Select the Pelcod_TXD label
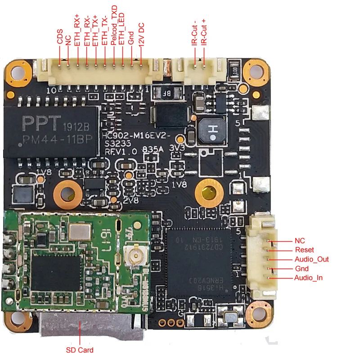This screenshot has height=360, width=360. (x=114, y=25)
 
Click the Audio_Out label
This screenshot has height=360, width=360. (x=311, y=259)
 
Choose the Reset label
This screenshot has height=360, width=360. (x=304, y=250)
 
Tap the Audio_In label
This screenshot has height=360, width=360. (x=308, y=278)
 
